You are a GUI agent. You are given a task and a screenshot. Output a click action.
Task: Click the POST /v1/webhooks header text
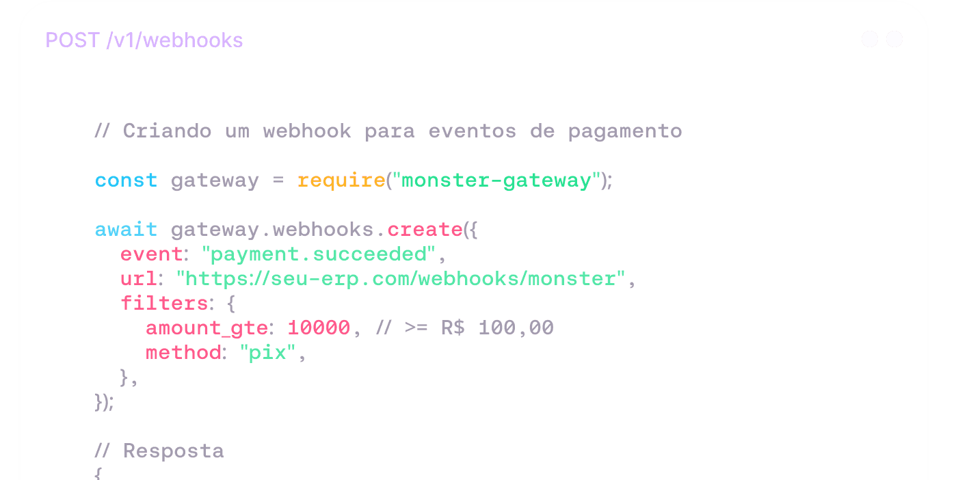click(x=144, y=40)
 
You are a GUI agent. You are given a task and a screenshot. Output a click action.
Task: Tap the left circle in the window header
click(x=870, y=39)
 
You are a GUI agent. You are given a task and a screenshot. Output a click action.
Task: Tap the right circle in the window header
click(x=894, y=39)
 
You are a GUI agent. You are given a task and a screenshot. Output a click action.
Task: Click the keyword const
click(x=126, y=181)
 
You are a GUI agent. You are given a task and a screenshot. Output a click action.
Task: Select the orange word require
click(x=341, y=181)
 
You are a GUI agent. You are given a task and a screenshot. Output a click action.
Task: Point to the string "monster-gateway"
click(x=496, y=181)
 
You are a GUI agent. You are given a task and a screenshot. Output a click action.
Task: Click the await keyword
click(x=126, y=230)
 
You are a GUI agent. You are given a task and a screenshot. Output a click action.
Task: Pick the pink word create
click(x=425, y=230)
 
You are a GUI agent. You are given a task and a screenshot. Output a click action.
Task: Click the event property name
click(x=151, y=254)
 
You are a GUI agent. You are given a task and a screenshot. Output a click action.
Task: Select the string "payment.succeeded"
click(x=318, y=254)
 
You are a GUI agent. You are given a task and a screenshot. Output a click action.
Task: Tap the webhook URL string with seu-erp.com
click(x=401, y=279)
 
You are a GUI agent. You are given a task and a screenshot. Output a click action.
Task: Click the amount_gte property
click(x=206, y=328)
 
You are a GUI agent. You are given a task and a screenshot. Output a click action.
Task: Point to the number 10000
click(x=319, y=328)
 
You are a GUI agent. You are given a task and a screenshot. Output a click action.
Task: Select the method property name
click(x=183, y=353)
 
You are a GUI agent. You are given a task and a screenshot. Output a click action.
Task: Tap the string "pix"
click(x=267, y=353)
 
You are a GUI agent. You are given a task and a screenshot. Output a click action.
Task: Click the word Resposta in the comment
click(x=173, y=451)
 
